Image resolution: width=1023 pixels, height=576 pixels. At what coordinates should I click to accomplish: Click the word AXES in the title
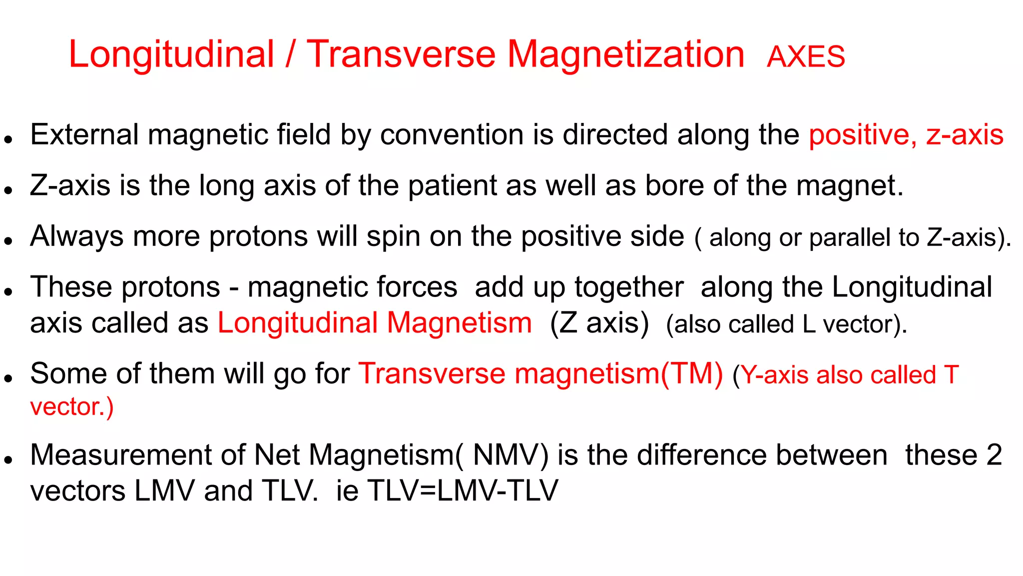pos(806,56)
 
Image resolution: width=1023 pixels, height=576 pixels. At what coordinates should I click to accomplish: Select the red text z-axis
pos(965,135)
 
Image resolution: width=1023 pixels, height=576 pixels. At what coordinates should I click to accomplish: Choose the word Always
pos(77,236)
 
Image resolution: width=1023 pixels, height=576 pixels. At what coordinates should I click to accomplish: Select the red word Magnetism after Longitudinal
pos(460,323)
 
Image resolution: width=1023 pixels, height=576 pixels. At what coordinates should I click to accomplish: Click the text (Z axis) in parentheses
pos(599,323)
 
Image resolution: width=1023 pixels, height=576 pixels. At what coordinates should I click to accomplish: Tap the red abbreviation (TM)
pos(692,374)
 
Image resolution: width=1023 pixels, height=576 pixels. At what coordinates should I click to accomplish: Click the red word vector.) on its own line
pos(72,406)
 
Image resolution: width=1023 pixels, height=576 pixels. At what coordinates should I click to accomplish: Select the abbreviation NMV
pos(507,455)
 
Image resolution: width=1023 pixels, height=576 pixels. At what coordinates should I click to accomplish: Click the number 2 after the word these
pos(994,455)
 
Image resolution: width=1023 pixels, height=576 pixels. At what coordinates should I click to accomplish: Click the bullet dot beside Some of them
pos(7,378)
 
